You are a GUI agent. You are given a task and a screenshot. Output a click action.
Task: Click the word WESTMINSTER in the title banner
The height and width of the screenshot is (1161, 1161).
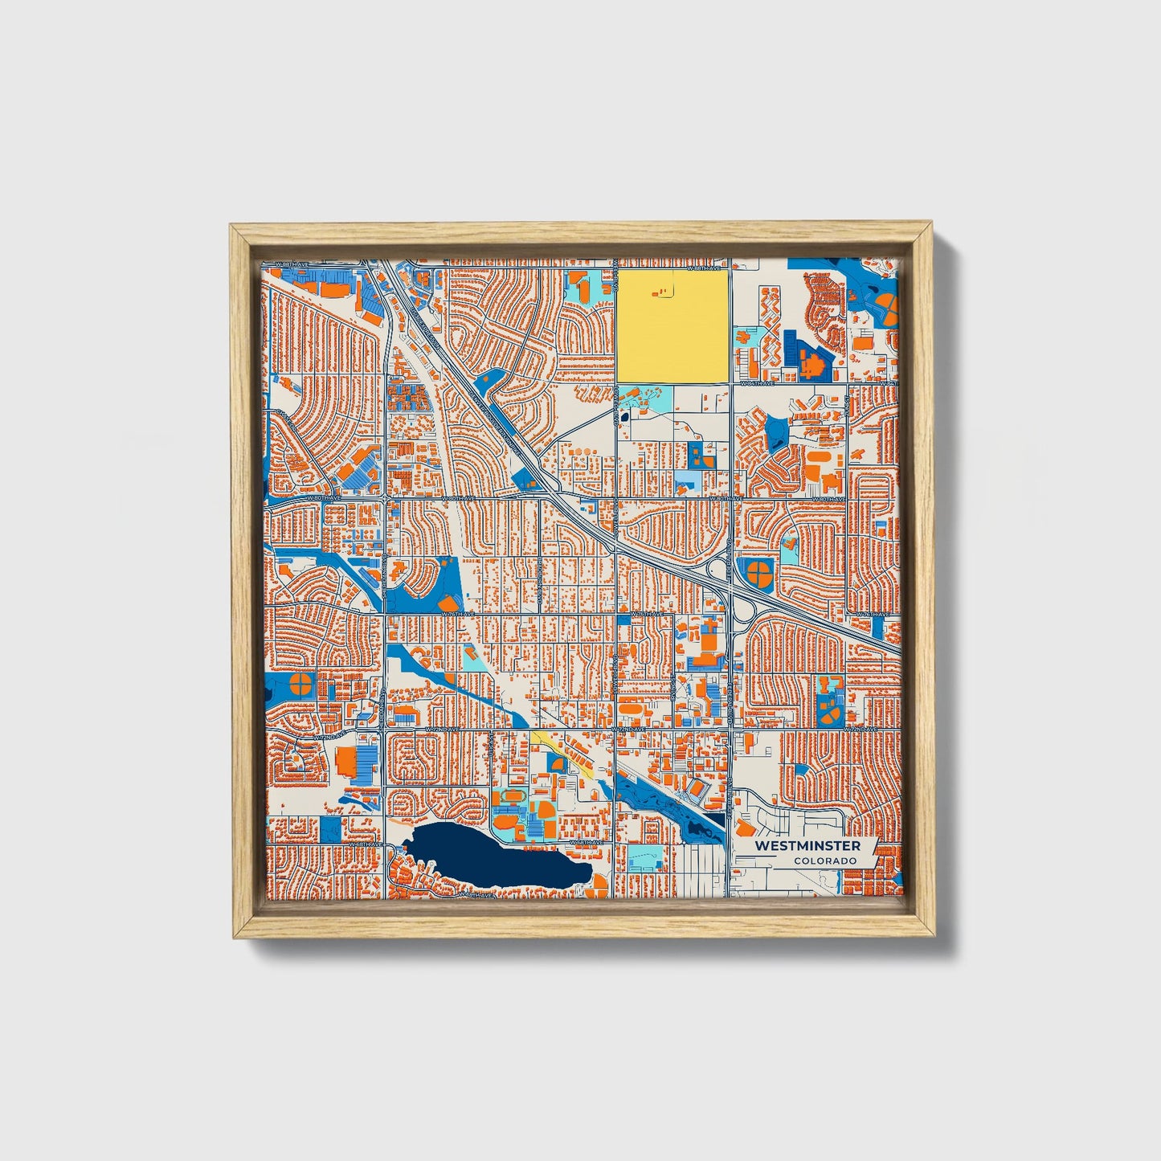click(807, 846)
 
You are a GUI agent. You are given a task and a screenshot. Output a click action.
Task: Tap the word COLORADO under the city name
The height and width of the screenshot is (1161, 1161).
click(824, 861)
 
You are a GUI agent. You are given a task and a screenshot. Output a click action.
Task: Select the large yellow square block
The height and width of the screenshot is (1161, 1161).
click(672, 325)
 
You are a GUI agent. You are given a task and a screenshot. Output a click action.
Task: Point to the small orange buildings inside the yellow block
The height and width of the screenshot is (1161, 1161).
click(660, 293)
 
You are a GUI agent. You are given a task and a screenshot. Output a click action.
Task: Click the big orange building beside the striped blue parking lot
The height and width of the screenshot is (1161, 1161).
click(347, 761)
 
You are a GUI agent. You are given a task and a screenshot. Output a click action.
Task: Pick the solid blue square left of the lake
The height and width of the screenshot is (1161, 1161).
click(330, 829)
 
